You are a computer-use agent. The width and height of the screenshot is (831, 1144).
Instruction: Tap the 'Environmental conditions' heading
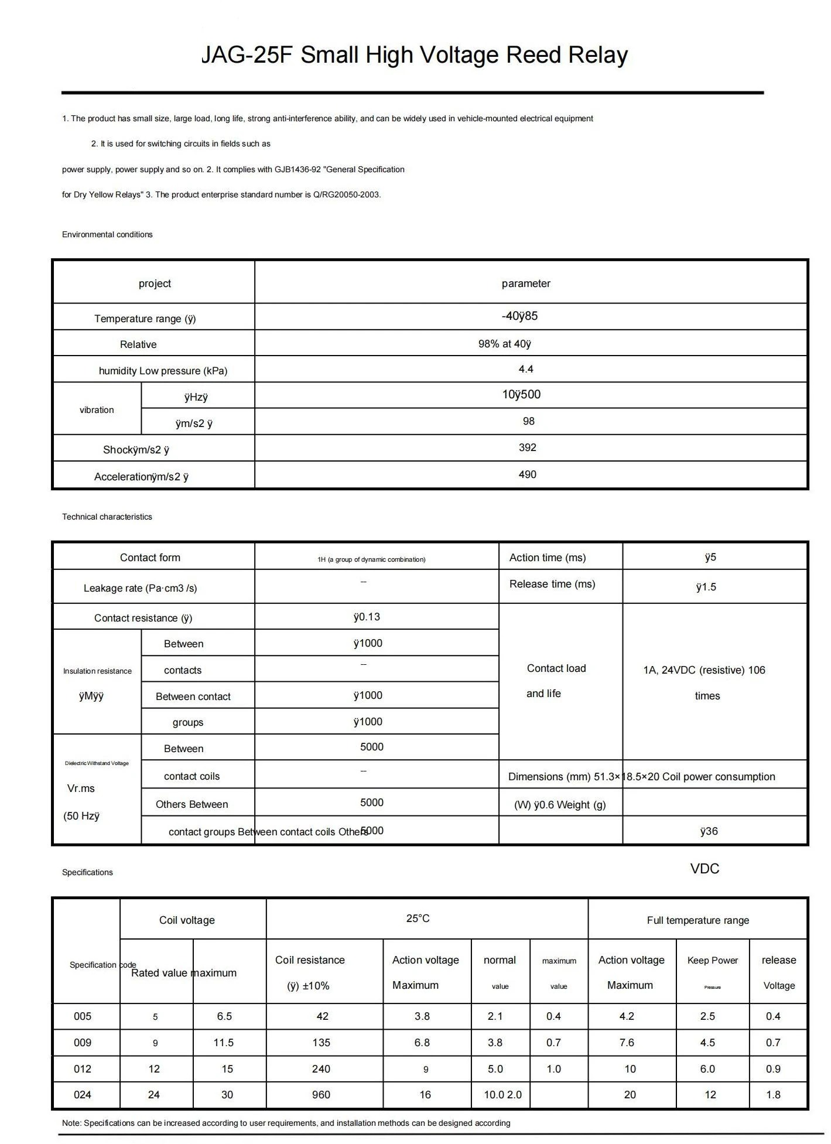[x=107, y=234]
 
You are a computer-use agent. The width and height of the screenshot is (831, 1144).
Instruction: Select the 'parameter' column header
[x=526, y=284]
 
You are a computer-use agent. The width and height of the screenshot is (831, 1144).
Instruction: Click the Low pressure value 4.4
[x=526, y=369]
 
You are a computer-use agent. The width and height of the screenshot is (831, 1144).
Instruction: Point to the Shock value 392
[x=527, y=448]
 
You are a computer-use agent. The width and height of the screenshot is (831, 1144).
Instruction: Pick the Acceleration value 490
[x=527, y=474]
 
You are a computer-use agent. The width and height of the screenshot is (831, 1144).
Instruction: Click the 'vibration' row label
[x=97, y=410]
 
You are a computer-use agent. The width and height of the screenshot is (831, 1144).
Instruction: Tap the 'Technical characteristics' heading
[x=107, y=517]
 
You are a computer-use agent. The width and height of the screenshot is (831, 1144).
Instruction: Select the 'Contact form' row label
[x=150, y=558]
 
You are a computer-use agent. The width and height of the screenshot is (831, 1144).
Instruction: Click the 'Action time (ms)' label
[x=547, y=558]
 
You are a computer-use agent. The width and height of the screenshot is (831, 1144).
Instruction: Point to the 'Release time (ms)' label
[x=552, y=584]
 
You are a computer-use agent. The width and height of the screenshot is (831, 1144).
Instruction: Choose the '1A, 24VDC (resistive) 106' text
[x=704, y=670]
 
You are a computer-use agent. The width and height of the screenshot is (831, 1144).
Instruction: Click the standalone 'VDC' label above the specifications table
[x=705, y=869]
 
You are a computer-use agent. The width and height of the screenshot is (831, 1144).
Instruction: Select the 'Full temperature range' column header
[x=697, y=920]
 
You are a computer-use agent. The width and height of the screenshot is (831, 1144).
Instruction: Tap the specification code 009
[x=83, y=1043]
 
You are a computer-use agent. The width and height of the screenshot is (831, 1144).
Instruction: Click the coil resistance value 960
[x=321, y=1095]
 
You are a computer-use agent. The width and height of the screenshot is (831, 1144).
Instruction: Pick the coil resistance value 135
[x=321, y=1043]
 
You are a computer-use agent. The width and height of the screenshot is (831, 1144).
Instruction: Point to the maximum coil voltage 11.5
[x=224, y=1043]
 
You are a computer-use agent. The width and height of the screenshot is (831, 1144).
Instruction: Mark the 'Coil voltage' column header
[x=187, y=920]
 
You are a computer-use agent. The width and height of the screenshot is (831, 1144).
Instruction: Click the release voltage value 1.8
[x=773, y=1095]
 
